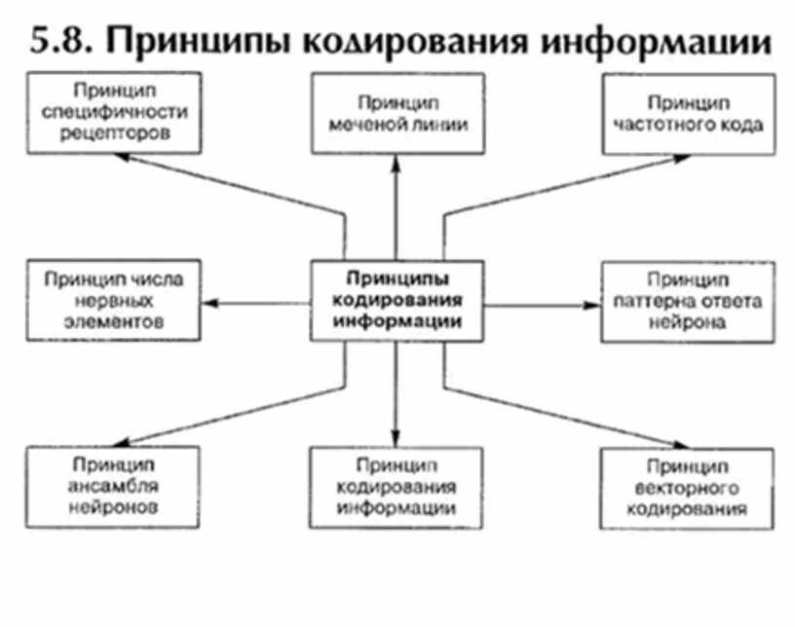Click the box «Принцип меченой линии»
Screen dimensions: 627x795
click(x=397, y=113)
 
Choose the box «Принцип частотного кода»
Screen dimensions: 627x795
click(x=686, y=113)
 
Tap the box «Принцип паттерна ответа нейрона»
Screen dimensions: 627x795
click(x=686, y=301)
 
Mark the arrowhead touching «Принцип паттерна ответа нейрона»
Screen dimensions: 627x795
click(x=592, y=305)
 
